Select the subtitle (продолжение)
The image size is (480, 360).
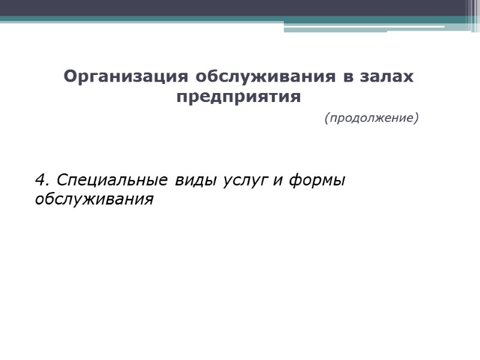tap(371, 118)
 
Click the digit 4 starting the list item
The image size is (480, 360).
tap(40, 180)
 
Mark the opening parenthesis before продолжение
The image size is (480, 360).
tap(326, 118)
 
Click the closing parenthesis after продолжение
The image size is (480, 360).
tap(416, 118)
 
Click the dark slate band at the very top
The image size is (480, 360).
tap(240, 8)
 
